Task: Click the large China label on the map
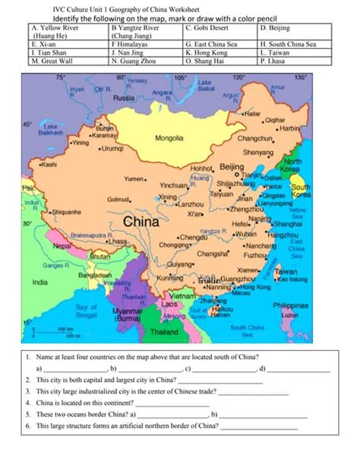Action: (x=141, y=223)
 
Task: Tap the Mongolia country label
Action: (x=169, y=138)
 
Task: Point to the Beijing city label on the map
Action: (x=231, y=166)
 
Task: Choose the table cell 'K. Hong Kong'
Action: (x=209, y=54)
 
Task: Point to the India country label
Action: (x=40, y=282)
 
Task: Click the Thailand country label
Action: (x=164, y=332)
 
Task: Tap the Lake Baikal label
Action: (x=205, y=85)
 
